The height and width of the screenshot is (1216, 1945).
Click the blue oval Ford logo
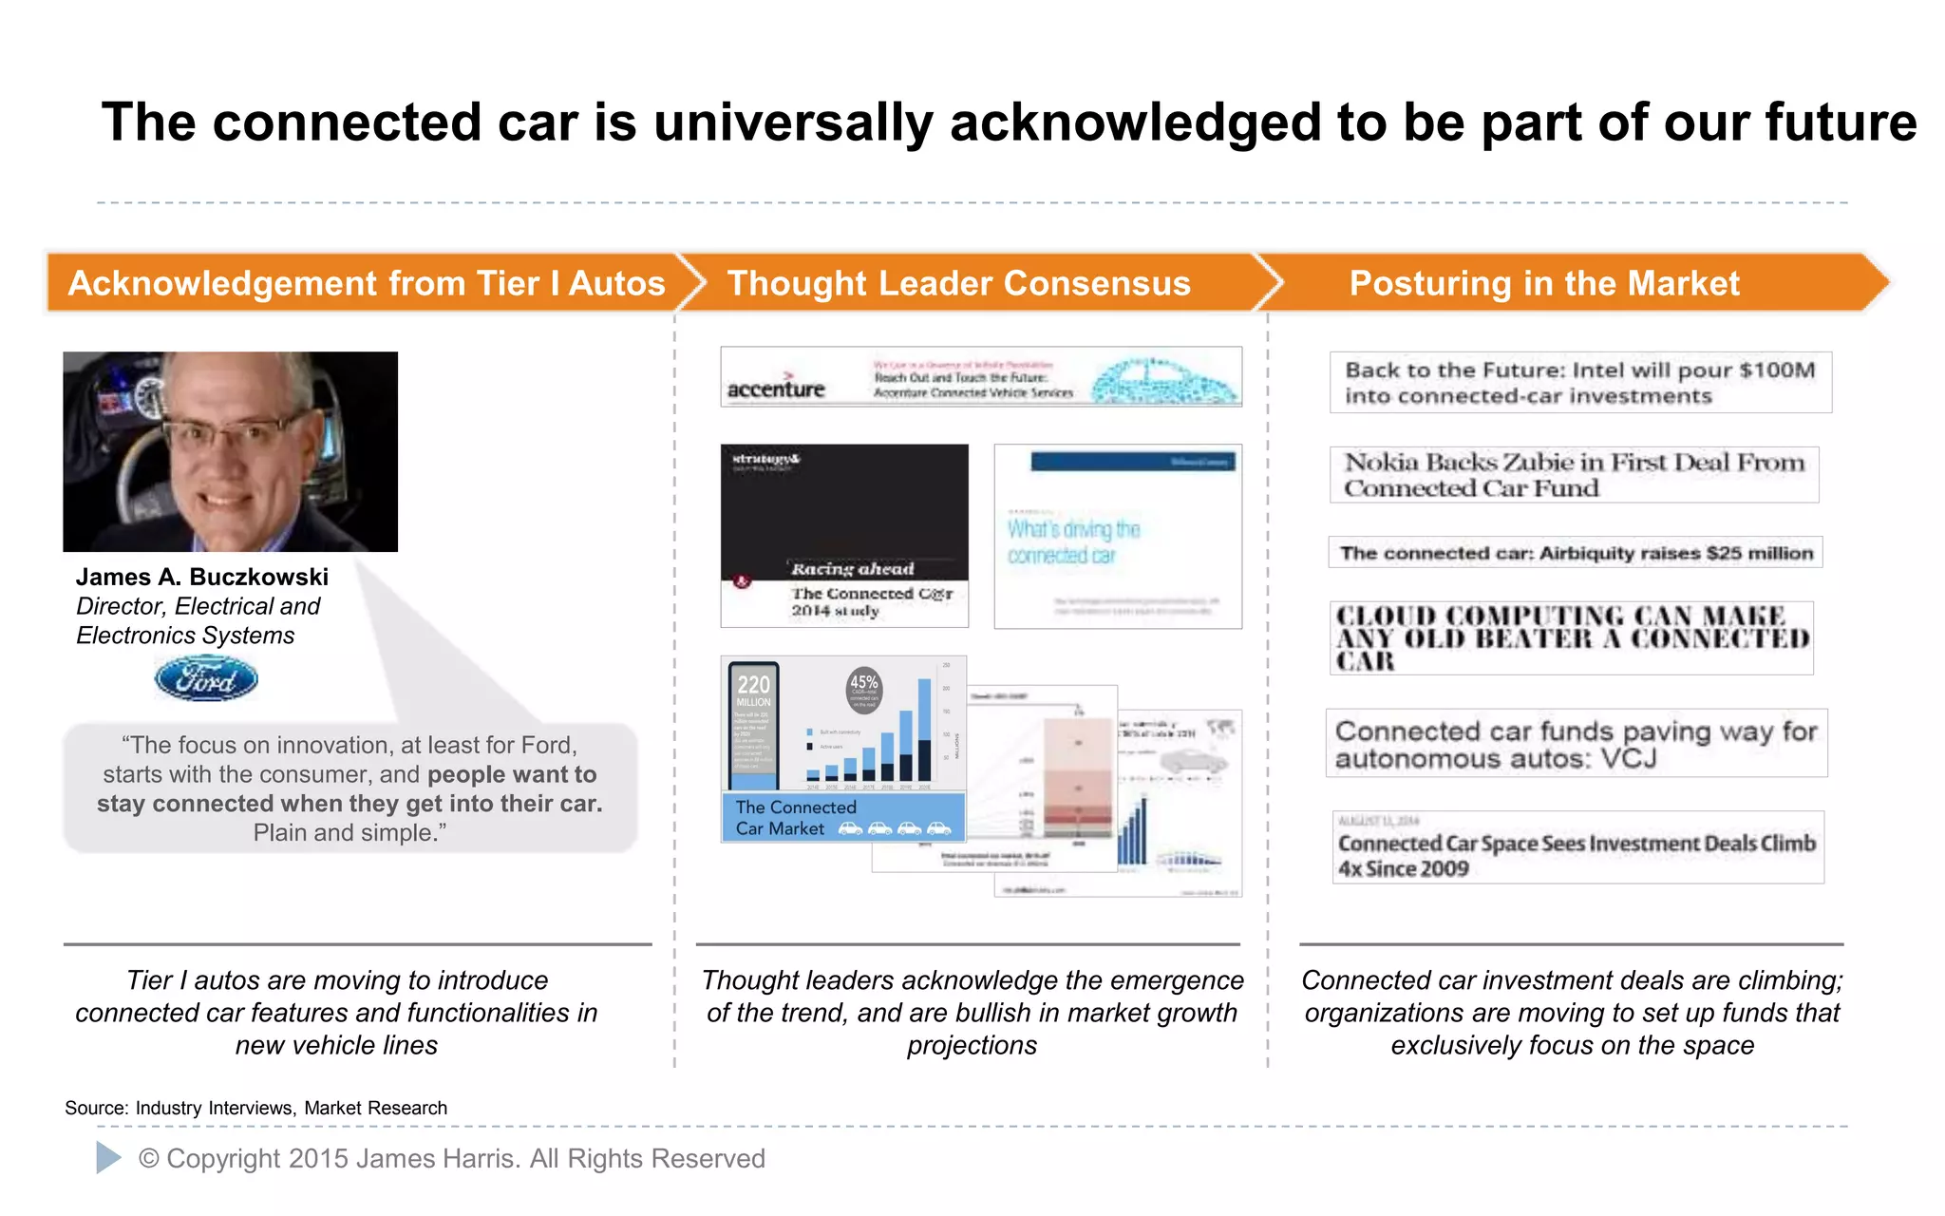pyautogui.click(x=206, y=679)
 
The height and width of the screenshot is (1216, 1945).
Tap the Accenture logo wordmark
pyautogui.click(x=776, y=389)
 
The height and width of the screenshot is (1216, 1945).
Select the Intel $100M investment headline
pyautogui.click(x=1579, y=383)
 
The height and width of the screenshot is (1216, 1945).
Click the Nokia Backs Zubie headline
pyautogui.click(x=1574, y=475)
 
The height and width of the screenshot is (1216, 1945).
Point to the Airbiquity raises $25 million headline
pyautogui.click(x=1576, y=553)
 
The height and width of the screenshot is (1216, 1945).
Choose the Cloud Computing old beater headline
pyautogui.click(x=1572, y=638)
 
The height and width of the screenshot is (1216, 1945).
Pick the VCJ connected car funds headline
pyautogui.click(x=1576, y=744)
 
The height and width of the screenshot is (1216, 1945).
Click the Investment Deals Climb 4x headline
pyautogui.click(x=1577, y=854)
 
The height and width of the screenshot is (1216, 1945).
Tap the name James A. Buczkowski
pyautogui.click(x=202, y=577)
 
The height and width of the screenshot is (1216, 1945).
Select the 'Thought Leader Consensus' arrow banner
pyautogui.click(x=959, y=283)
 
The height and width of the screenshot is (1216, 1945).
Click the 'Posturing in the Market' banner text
pyautogui.click(x=1544, y=283)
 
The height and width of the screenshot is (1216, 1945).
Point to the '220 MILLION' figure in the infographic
pyautogui.click(x=753, y=689)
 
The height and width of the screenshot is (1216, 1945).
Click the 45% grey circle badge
pyautogui.click(x=863, y=688)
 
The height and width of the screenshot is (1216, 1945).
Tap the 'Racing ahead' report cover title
pyautogui.click(x=852, y=569)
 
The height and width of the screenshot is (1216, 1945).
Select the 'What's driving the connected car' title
pyautogui.click(x=1073, y=541)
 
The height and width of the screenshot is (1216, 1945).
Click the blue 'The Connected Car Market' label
pyautogui.click(x=796, y=817)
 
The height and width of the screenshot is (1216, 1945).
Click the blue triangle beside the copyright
pyautogui.click(x=108, y=1157)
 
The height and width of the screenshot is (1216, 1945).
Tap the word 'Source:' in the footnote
pyautogui.click(x=96, y=1108)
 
